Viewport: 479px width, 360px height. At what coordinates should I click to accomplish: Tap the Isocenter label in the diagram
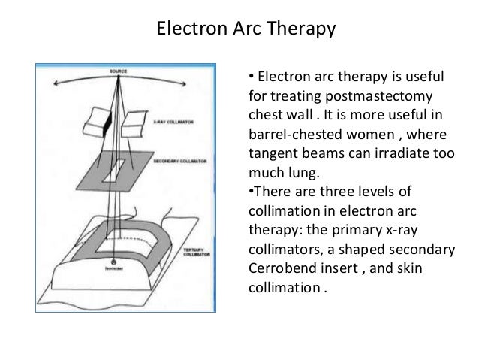(x=114, y=268)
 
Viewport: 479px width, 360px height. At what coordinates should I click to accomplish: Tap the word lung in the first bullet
(x=298, y=170)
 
